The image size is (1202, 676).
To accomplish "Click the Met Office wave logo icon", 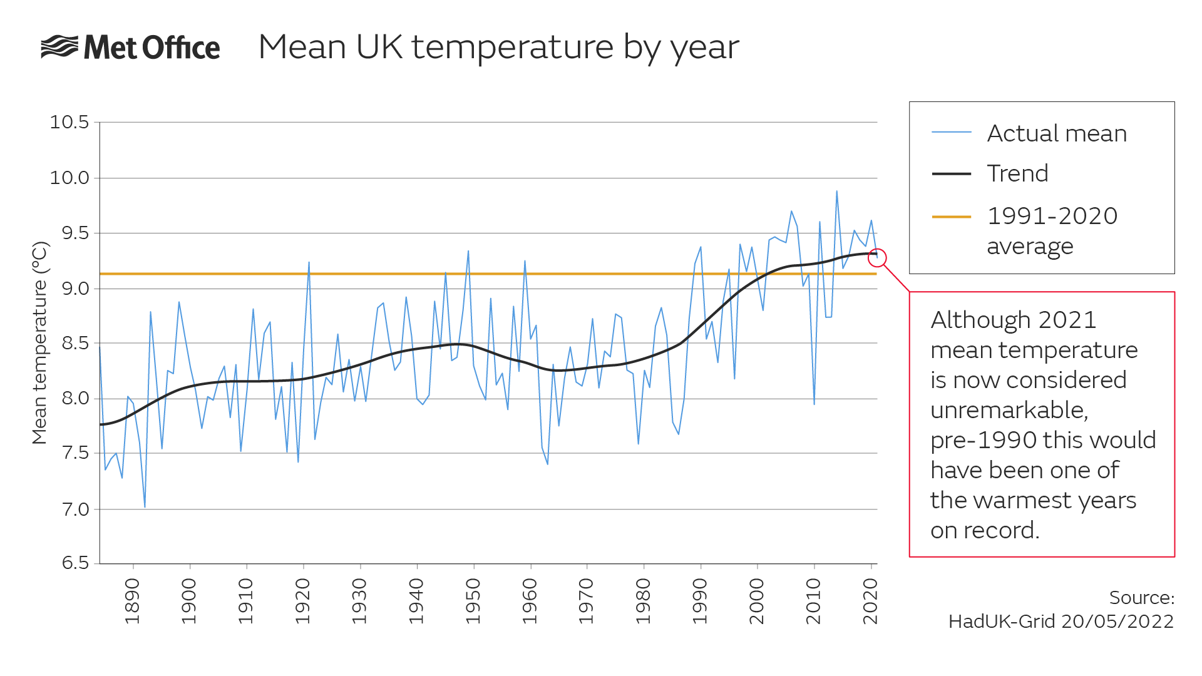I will click(59, 47).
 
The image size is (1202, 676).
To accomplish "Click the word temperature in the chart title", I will click(512, 48).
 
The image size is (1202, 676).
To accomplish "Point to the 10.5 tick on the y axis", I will click(69, 122).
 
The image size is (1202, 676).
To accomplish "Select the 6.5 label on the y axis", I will click(76, 563).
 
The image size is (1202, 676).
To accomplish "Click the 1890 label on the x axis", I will click(132, 602).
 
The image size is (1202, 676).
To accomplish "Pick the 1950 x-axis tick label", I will click(473, 602).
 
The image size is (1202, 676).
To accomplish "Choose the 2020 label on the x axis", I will click(870, 602).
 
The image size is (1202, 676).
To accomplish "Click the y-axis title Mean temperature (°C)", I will click(39, 343).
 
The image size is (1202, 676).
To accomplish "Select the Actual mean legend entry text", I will click(1057, 133).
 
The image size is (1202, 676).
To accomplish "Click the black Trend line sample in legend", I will click(951, 174).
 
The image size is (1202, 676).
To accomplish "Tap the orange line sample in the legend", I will click(951, 217).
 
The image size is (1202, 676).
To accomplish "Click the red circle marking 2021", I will click(876, 257).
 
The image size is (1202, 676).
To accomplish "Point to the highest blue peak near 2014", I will click(836, 192).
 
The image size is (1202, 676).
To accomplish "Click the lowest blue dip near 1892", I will click(145, 506).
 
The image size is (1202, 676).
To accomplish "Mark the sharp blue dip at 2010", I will click(814, 402).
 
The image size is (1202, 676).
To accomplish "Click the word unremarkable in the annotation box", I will click(1009, 410).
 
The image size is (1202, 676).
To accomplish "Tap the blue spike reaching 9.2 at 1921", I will click(309, 264).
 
